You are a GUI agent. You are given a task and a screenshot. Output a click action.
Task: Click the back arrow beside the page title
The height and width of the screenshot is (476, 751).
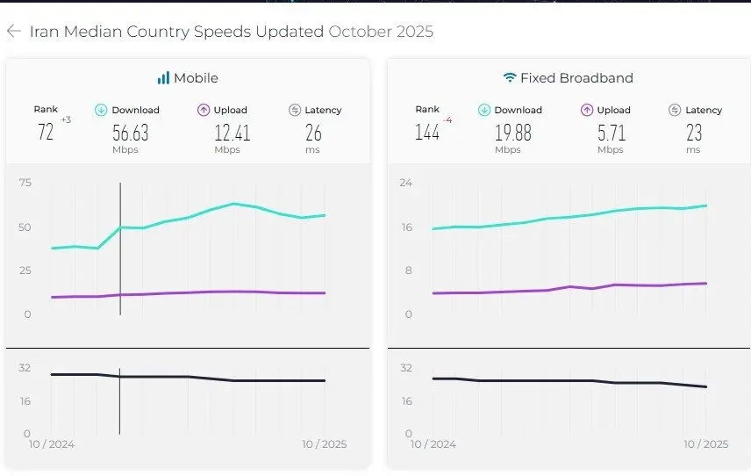[x=13, y=32]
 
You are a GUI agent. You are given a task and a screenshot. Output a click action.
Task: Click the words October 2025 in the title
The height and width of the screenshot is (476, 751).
[x=381, y=32]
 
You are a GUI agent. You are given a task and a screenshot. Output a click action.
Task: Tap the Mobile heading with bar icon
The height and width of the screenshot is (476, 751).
[x=188, y=78]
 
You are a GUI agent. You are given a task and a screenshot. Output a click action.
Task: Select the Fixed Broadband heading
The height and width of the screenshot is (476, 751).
[x=568, y=78]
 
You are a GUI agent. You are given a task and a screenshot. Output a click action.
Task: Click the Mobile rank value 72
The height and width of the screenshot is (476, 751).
[x=46, y=133]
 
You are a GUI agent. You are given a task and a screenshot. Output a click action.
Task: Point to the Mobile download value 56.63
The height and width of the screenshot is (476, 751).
[x=131, y=133]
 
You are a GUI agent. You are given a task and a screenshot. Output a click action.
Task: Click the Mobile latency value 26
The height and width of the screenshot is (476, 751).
[x=313, y=133]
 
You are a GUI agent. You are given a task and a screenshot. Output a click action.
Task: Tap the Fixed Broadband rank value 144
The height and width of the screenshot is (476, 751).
[x=427, y=133]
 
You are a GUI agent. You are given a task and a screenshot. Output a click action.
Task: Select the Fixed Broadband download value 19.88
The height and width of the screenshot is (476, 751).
[x=512, y=133]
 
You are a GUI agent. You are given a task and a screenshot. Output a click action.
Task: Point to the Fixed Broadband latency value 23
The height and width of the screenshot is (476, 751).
[x=693, y=133]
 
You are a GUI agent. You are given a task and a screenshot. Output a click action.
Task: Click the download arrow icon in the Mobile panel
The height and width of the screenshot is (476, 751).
[x=101, y=110]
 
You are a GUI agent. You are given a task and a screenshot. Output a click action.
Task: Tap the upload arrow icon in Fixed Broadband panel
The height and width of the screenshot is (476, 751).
[x=587, y=110]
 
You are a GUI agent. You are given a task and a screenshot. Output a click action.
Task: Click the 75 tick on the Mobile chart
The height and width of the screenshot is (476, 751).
[x=25, y=183]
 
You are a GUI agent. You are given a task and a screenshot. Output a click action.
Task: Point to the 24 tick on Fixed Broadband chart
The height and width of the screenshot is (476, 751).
[x=406, y=183]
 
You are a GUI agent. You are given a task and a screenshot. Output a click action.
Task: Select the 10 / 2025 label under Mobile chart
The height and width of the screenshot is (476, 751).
[x=324, y=444]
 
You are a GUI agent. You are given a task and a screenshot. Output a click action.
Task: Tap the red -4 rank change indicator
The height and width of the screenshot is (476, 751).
[x=447, y=119]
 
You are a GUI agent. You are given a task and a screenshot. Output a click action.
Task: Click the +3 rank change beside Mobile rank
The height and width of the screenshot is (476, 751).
[x=66, y=119]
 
